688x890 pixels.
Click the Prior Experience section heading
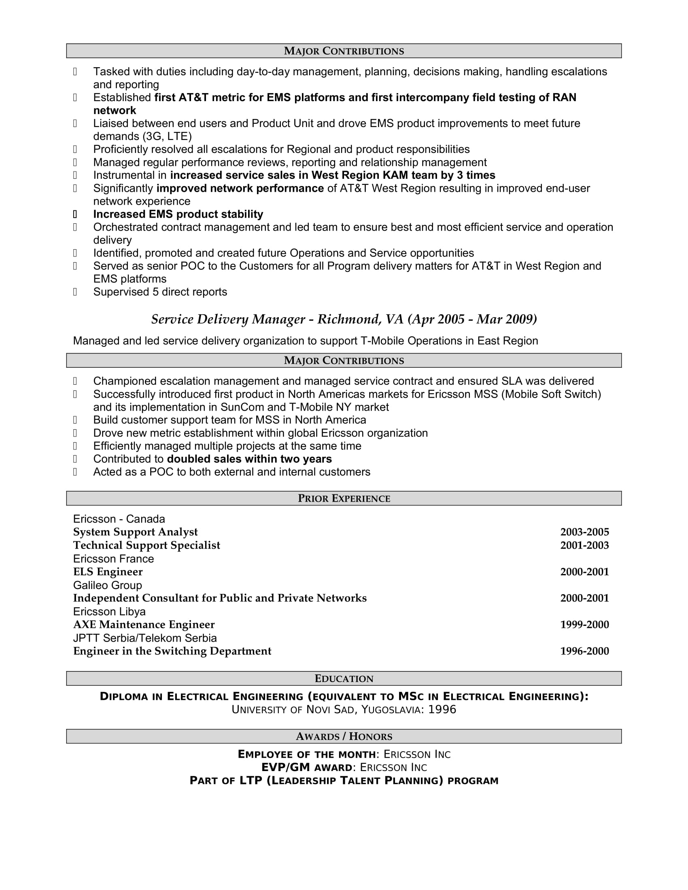344,498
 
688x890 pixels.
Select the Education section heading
344,678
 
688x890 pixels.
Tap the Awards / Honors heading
344,736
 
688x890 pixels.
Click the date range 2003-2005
584,532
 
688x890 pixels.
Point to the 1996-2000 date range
584,651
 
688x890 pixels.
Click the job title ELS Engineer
108,572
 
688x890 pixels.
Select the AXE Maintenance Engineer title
144,624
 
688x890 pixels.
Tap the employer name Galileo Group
108,585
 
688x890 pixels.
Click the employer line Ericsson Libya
109,611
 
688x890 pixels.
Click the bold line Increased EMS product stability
178,214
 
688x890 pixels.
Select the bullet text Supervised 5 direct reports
160,292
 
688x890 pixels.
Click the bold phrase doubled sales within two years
249,459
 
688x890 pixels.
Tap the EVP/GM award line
344,767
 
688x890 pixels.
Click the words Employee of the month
306,754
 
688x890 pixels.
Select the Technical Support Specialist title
147,545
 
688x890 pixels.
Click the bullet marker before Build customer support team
75,420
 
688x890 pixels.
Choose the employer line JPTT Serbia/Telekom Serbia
145,638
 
